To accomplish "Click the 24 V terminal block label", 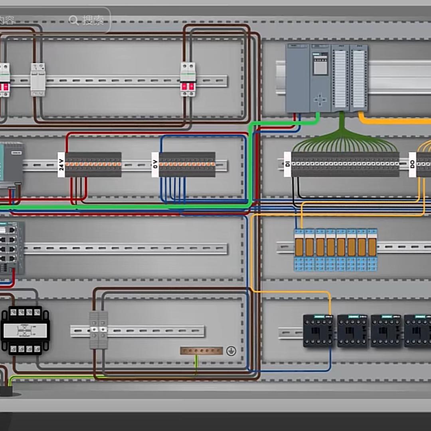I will pos(61,164).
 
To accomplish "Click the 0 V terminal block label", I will pos(155,164).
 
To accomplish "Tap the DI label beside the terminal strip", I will pos(287,164).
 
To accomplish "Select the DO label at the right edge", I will pos(413,164).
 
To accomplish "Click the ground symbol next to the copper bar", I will pos(231,351).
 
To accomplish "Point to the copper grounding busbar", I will pos(201,351).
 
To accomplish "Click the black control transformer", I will pos(25,330).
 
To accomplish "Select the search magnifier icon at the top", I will pos(74,20).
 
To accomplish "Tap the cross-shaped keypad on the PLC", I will pos(320,99).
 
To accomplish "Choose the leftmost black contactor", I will pos(318,330).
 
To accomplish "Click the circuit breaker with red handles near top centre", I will pos(188,79).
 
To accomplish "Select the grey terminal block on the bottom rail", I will pos(98,330).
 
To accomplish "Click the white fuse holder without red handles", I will pos(38,79).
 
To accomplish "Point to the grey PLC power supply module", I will pos(298,78).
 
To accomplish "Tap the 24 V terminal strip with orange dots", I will pos(93,164).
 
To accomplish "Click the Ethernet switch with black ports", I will pos(11,248).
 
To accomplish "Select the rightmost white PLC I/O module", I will pos(358,78).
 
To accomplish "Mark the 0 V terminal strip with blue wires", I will pos(187,164).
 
